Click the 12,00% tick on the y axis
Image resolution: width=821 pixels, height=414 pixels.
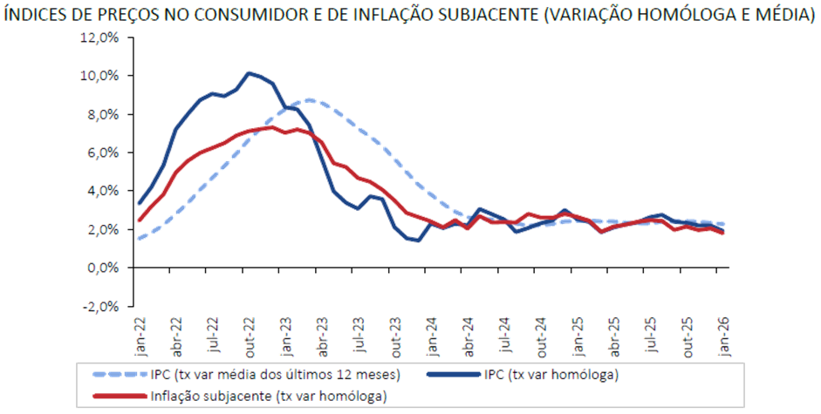tap(99, 37)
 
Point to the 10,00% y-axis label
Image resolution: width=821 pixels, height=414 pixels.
tap(99, 76)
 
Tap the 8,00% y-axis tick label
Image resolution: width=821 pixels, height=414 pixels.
tap(101, 114)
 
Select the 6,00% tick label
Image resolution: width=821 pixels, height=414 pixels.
tap(101, 153)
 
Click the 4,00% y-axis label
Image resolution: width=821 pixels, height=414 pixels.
tap(101, 191)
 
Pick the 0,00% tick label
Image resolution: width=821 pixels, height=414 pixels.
tap(101, 268)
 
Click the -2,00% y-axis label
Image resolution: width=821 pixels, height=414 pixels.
tap(99, 306)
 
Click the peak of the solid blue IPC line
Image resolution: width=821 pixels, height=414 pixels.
tap(250, 72)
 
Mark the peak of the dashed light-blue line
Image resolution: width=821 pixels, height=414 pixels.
tap(310, 99)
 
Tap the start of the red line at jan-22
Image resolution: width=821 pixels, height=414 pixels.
tap(139, 221)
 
